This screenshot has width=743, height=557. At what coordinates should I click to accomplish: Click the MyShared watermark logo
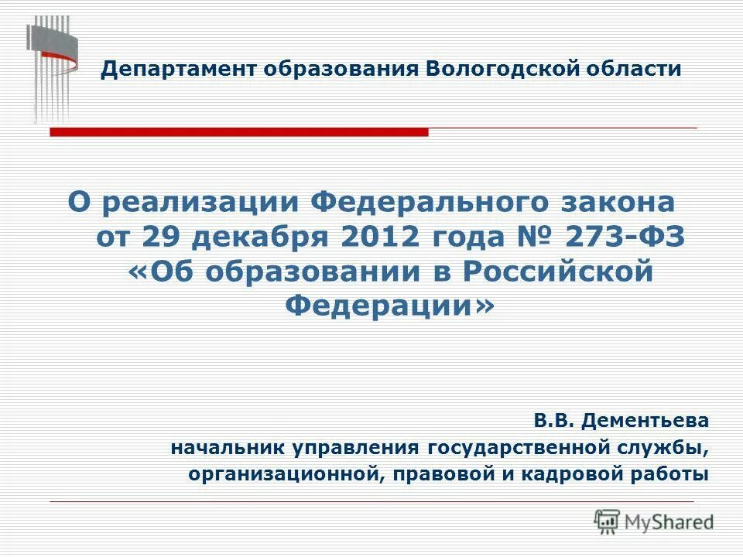coord(654,521)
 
